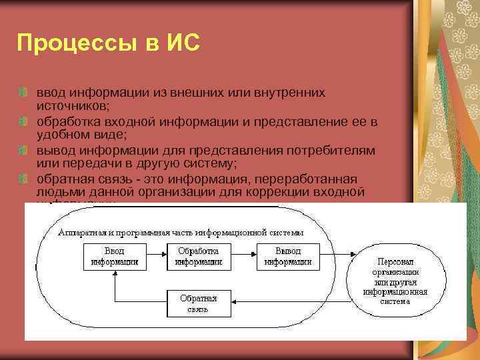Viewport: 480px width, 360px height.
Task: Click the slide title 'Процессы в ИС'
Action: tap(108, 44)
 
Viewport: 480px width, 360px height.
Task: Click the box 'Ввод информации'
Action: tap(115, 257)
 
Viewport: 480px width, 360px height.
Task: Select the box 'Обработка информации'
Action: tap(198, 257)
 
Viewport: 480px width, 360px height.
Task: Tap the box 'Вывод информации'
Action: tap(287, 257)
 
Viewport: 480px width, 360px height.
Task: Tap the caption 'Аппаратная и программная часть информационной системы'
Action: tap(181, 233)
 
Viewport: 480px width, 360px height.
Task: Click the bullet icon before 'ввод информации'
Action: tap(23, 91)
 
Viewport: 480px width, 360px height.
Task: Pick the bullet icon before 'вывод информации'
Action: tap(23, 151)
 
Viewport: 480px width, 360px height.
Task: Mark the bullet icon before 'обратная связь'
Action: tap(23, 179)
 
